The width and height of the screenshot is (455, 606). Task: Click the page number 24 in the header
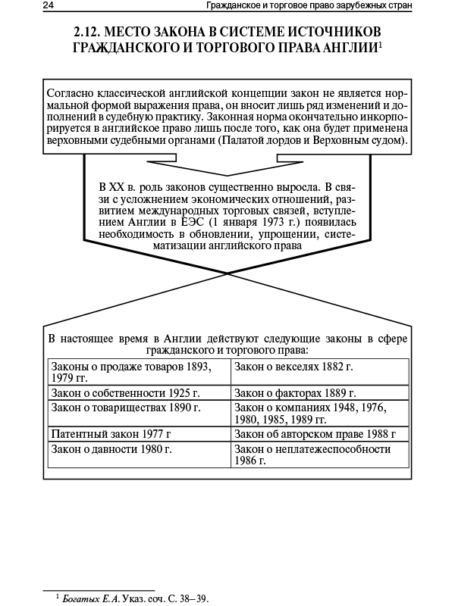[x=49, y=7]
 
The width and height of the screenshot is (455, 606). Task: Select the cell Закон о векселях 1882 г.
[x=294, y=367]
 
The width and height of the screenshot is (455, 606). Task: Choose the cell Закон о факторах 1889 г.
[x=295, y=393]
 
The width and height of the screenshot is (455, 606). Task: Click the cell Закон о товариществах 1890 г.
[x=125, y=408]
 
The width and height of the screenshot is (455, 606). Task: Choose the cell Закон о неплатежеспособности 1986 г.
[x=312, y=454]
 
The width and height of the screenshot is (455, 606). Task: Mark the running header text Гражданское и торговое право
[x=272, y=7]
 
